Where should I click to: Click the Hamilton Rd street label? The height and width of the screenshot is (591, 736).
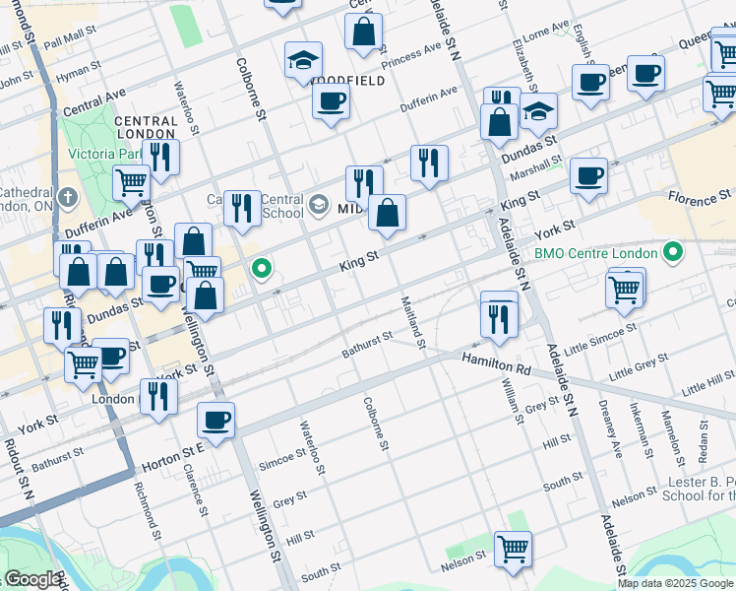coord(496,363)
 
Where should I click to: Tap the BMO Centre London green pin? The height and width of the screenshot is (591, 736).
coord(673,253)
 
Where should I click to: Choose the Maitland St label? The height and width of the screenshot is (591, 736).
coord(413,321)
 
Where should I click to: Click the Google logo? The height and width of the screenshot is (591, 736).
coord(31,580)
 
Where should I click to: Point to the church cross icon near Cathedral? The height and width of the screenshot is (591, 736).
coord(66,197)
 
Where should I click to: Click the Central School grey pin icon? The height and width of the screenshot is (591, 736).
coord(319,205)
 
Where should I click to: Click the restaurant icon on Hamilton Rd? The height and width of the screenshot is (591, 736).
coord(499,316)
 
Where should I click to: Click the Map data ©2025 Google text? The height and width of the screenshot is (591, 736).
coord(676,583)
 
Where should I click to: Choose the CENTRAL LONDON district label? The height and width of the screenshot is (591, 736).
coord(146,128)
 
